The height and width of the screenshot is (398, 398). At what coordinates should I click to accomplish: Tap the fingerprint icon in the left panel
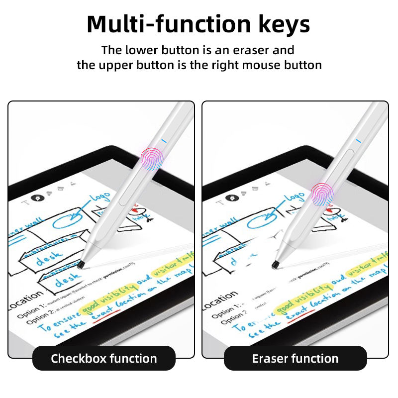152,159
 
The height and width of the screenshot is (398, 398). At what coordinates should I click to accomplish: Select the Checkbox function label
104,358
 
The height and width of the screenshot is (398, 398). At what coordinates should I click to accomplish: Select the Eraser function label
295,358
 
